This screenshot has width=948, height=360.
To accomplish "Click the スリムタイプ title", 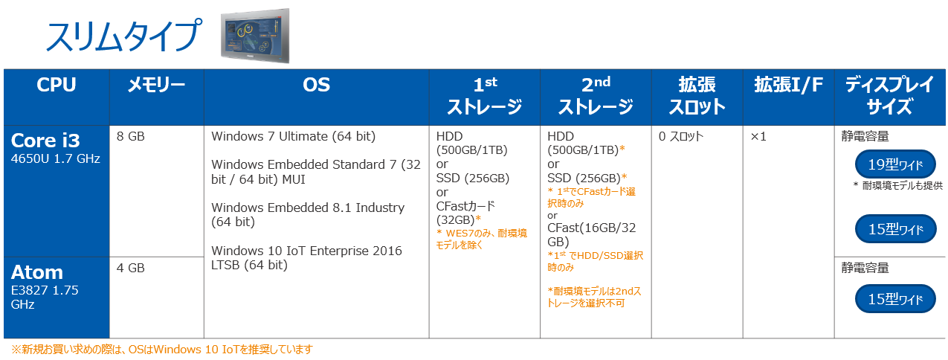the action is click(123, 36).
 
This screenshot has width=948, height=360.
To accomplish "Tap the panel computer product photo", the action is click(255, 36).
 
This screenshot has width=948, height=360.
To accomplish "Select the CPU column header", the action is click(57, 85).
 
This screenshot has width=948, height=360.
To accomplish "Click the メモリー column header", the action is click(157, 85).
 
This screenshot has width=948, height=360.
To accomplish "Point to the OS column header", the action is click(316, 85).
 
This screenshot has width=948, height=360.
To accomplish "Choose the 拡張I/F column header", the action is click(788, 85).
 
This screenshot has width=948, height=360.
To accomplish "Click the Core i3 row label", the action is click(45, 140).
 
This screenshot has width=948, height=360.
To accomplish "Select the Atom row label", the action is click(37, 272).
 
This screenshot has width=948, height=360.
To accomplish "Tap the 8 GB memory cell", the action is click(131, 136).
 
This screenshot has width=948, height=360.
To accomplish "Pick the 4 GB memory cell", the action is click(131, 268).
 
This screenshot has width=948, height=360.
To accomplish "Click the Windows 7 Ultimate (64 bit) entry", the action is click(293, 136).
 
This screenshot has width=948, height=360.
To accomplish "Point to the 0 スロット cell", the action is click(681, 136).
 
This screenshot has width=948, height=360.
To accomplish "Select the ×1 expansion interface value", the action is click(758, 136).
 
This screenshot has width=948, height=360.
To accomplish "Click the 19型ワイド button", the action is click(895, 164).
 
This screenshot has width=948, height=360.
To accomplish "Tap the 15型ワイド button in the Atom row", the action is click(895, 298).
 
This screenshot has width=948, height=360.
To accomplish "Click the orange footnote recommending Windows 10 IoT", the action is click(162, 350).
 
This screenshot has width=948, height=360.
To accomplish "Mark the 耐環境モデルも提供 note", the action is click(897, 185).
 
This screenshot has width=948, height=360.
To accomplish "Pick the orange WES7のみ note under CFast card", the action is click(482, 239).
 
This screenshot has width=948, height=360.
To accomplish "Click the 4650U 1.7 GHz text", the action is click(56, 159).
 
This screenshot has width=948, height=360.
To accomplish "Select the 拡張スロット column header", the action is click(697, 96).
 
